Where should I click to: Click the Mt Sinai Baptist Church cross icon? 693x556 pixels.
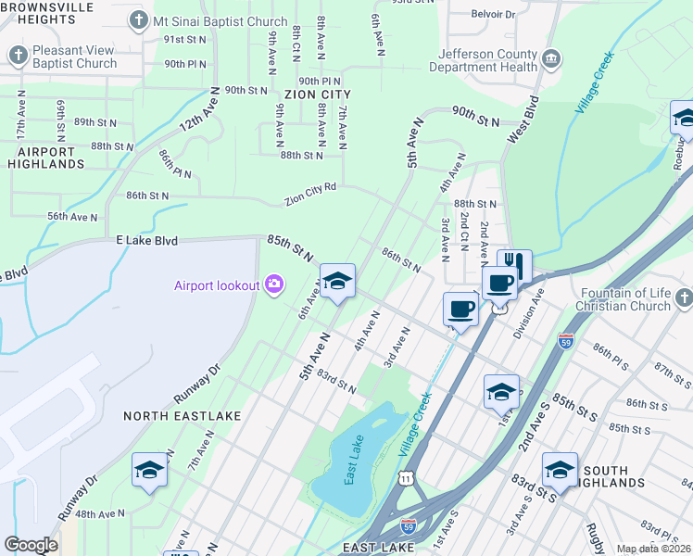139,19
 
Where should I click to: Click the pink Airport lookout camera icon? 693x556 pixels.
273,284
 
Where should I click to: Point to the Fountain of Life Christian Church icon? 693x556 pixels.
684,298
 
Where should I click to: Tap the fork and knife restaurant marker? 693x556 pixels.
514,265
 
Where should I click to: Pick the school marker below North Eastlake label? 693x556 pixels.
150,470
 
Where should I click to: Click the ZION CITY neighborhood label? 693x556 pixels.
318,95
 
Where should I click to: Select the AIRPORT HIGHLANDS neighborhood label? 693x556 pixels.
45,158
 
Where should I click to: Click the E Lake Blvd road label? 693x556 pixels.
146,240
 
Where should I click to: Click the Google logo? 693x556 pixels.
31,545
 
